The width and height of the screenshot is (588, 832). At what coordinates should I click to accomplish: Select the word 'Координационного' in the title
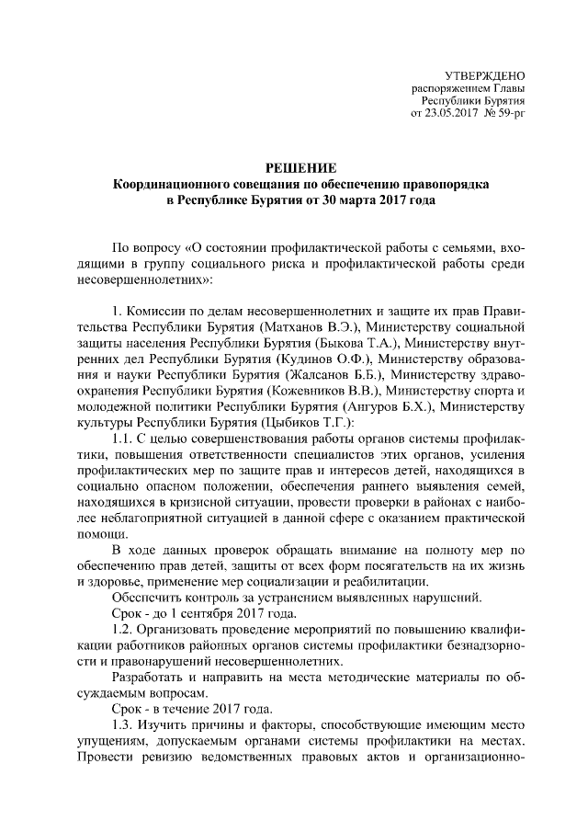tap(170, 184)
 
